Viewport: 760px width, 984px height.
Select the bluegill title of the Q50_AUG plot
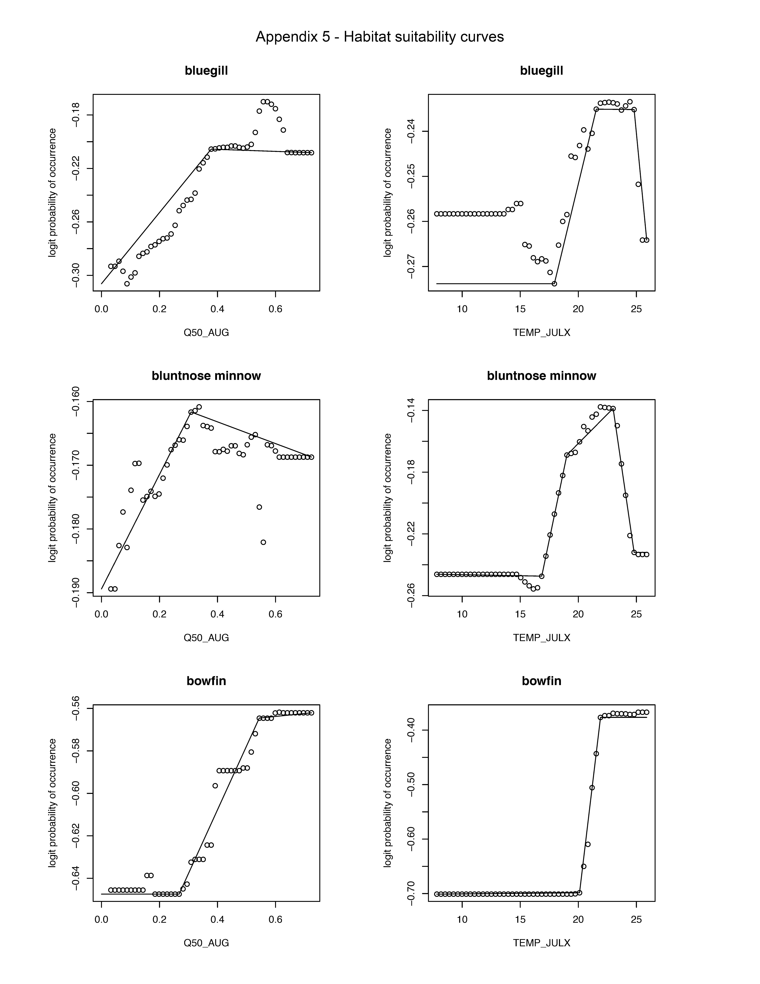pos(206,71)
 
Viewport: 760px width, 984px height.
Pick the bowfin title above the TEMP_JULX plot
pos(541,681)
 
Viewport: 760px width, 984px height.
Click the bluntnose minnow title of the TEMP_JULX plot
pos(541,376)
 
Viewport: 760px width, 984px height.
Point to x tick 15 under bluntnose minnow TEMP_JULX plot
pos(520,614)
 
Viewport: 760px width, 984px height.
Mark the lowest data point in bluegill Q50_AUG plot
pos(127,283)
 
